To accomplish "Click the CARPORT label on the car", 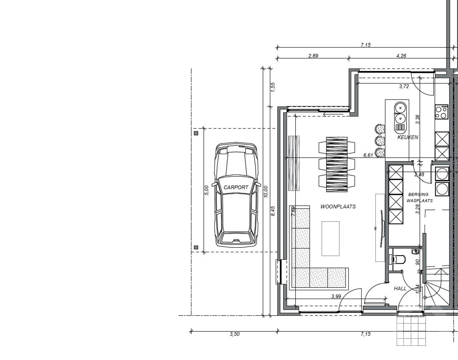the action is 236,187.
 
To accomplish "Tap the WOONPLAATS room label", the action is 338,206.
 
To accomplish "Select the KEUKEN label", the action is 408,137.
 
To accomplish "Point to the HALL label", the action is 400,288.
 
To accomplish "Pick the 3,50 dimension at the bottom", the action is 235,334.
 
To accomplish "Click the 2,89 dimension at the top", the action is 313,56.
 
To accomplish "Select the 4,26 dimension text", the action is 401,56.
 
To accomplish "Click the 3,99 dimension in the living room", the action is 336,296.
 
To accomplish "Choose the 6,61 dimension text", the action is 368,155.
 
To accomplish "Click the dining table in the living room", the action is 337,164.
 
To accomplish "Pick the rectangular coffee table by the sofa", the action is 331,238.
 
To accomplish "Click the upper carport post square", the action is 196,133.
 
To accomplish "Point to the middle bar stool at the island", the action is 380,141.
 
